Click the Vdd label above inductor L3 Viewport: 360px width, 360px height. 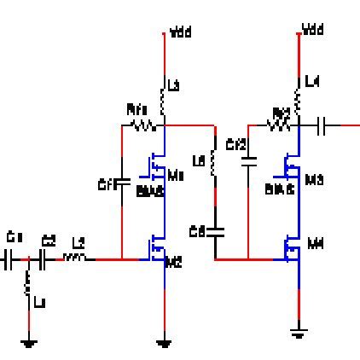point(181,34)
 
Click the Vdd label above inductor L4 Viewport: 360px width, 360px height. point(312,32)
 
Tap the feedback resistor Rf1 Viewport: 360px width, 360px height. point(141,125)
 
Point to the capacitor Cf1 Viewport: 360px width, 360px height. point(121,182)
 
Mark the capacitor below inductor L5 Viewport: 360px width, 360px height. point(215,229)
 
